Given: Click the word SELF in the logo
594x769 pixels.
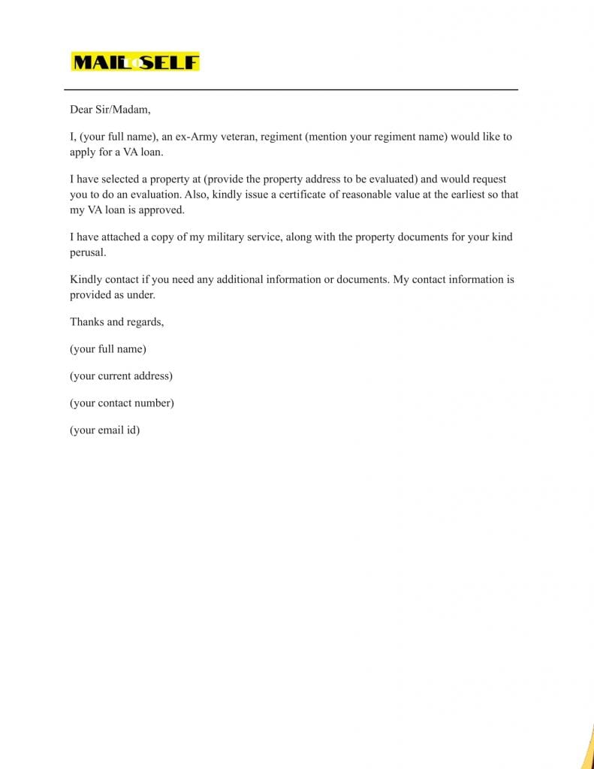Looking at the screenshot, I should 170,62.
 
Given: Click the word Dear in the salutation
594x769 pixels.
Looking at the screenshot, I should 81,110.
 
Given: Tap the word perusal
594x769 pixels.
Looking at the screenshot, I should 88,253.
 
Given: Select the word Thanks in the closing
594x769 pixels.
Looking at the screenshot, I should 86,321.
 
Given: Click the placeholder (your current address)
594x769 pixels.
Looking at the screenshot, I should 121,376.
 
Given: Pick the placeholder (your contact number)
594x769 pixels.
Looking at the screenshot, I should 122,403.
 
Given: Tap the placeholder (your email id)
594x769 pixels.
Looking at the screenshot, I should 104,430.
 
